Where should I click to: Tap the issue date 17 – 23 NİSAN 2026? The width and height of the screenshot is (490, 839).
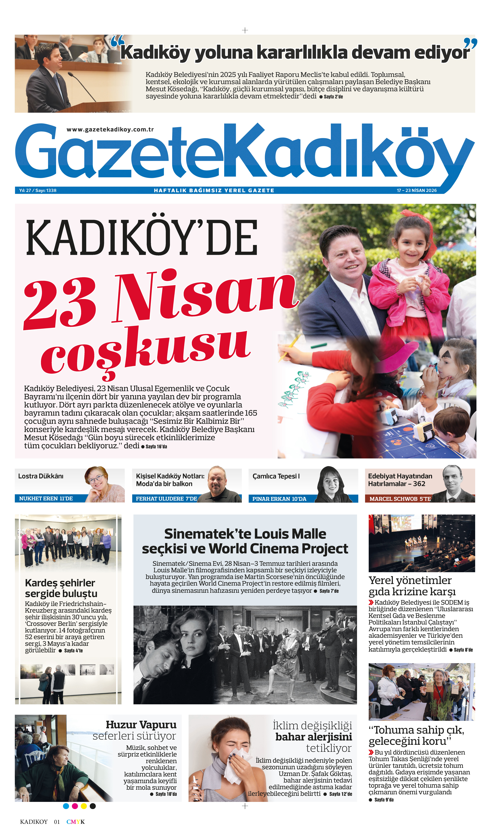[x=416, y=190]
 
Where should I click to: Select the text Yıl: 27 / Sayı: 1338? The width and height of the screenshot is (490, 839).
[x=38, y=190]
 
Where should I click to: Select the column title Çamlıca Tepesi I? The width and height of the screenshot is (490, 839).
[x=276, y=476]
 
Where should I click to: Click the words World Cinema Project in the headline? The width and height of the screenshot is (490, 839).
[x=278, y=548]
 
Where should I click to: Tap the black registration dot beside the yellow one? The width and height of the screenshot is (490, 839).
[x=93, y=806]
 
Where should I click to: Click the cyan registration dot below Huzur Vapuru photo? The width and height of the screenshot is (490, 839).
[x=66, y=806]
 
